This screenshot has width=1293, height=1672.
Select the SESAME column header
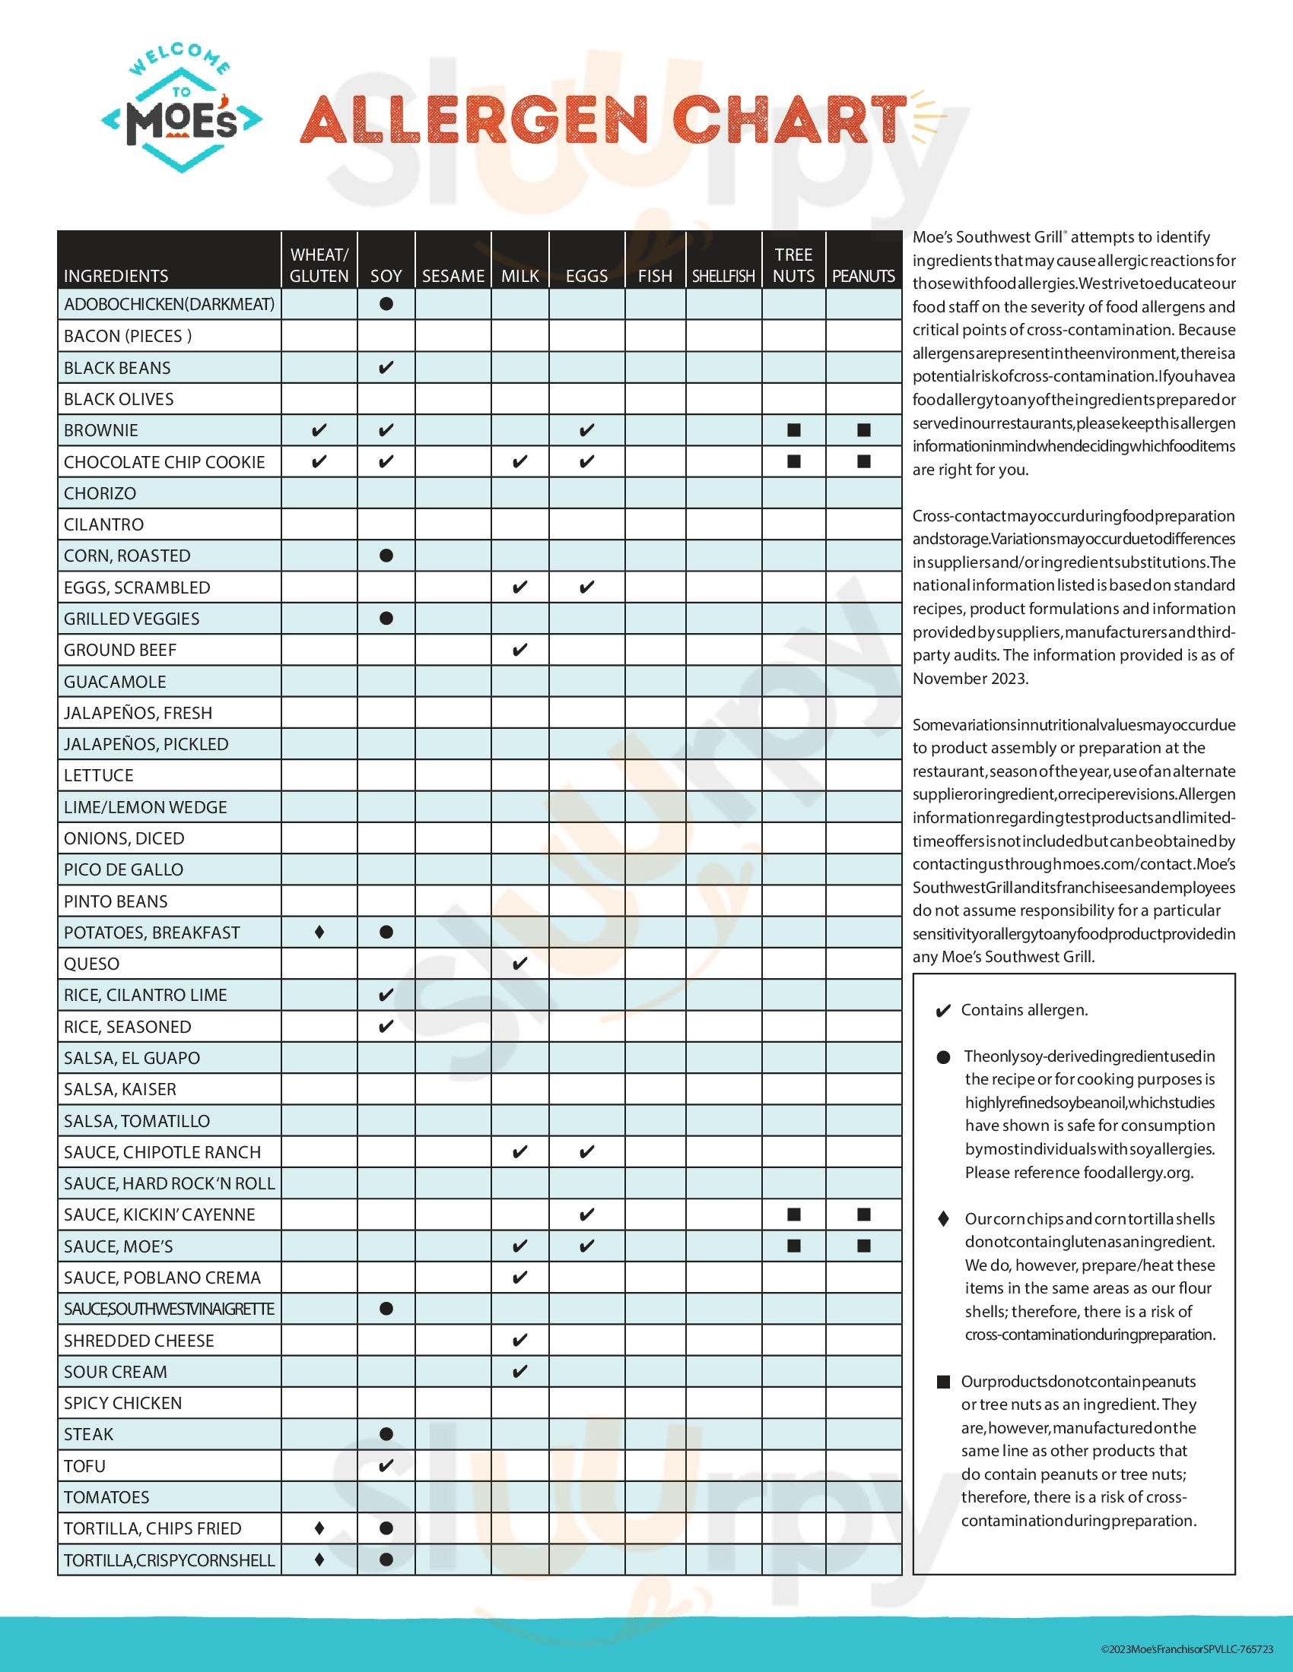(453, 276)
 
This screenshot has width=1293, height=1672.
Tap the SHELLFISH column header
(723, 276)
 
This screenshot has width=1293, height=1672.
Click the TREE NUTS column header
(793, 265)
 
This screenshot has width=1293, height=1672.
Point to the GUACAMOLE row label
(115, 682)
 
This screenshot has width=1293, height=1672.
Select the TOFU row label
(84, 1466)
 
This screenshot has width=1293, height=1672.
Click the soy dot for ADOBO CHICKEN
(386, 304)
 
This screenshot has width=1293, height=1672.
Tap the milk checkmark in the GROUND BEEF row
(519, 650)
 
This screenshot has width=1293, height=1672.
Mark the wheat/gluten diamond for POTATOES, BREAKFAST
(319, 932)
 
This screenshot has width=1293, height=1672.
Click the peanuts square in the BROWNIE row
(863, 430)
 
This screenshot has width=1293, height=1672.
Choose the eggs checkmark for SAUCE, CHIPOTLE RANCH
(586, 1151)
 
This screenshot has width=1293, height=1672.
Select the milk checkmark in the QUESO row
(519, 963)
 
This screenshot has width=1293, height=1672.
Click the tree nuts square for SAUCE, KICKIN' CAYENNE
(793, 1214)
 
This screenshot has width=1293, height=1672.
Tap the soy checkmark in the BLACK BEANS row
(386, 368)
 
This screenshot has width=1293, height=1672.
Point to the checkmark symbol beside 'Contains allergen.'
(943, 1011)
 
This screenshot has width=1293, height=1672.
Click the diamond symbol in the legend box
(943, 1219)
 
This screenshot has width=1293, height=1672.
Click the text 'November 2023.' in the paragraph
(970, 678)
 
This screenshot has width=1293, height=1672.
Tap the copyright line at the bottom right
(1187, 1649)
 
